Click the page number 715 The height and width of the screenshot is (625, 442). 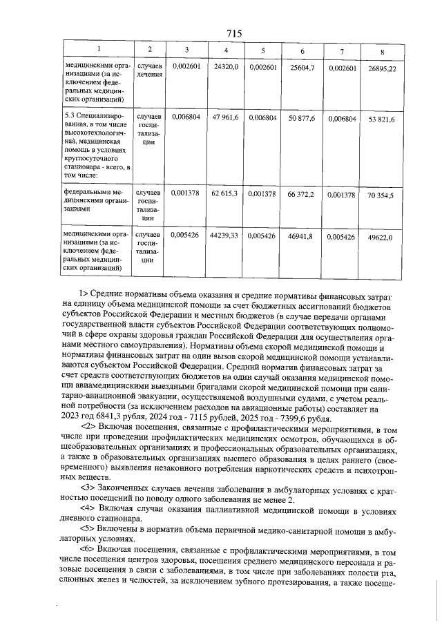click(x=233, y=33)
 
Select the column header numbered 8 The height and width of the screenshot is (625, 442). click(x=382, y=52)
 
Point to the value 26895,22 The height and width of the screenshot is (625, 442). click(x=382, y=69)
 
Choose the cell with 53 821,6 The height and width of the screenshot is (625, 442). click(x=382, y=119)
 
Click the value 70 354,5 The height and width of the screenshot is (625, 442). click(x=381, y=195)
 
